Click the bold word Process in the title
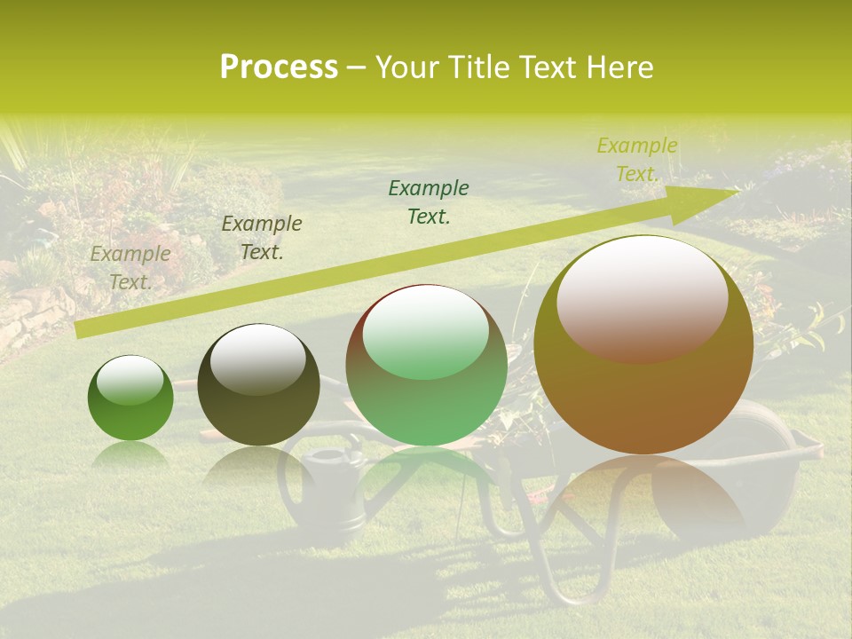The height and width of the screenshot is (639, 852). pos(279,67)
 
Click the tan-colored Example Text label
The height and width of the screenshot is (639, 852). pos(130,268)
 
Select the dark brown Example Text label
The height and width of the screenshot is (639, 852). pos(261,238)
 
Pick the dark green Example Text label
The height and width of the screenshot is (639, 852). pos(429,201)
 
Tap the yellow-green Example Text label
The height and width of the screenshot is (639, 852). pos(636,160)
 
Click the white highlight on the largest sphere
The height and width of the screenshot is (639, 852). pos(642,297)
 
